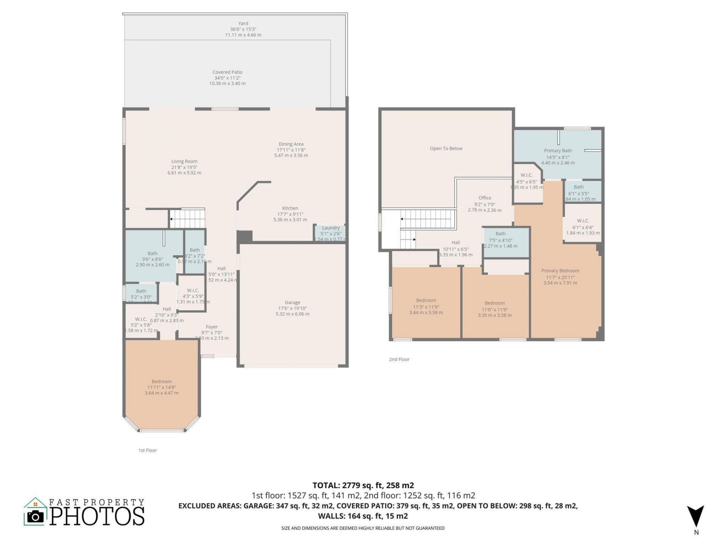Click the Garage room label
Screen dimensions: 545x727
(x=292, y=302)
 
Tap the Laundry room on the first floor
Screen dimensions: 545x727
(x=330, y=233)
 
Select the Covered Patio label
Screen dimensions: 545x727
(x=227, y=72)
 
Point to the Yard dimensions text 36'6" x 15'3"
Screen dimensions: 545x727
(x=243, y=29)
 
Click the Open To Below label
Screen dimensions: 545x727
(x=446, y=148)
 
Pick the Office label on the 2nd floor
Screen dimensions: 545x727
(x=485, y=198)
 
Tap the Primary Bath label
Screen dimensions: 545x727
(x=558, y=151)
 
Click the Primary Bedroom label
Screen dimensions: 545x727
(x=560, y=271)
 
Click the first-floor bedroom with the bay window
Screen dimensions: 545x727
(x=162, y=386)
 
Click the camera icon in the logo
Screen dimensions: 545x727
(x=36, y=517)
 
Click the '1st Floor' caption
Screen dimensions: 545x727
(x=147, y=450)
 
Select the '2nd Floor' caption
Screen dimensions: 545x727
(x=399, y=359)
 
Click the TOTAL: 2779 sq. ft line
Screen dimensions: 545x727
(x=363, y=485)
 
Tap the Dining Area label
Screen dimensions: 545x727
(x=291, y=144)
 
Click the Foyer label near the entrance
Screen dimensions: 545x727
(x=212, y=327)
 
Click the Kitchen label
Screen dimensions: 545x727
(x=290, y=208)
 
